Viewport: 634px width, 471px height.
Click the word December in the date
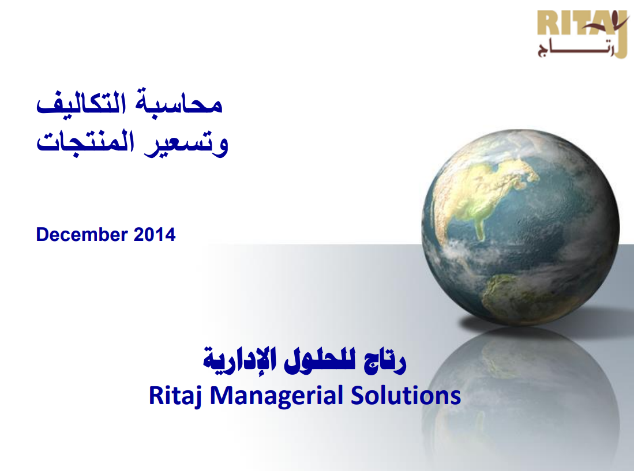(x=82, y=234)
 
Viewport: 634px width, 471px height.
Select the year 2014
(x=155, y=234)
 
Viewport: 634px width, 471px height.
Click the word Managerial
(x=276, y=396)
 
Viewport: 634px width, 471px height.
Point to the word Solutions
(x=406, y=395)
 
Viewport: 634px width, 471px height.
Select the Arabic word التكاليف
(x=81, y=103)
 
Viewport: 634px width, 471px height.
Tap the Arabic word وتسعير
(x=186, y=144)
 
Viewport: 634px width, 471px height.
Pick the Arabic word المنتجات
(x=85, y=142)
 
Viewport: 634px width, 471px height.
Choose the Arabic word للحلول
(x=320, y=360)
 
